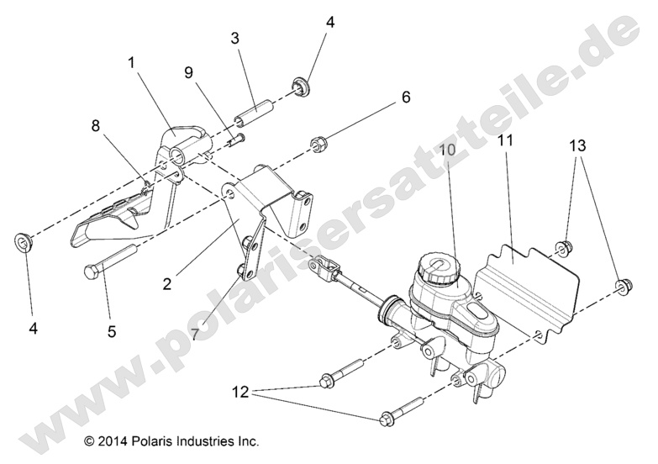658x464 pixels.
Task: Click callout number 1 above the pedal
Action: click(132, 62)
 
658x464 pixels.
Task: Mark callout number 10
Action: click(446, 149)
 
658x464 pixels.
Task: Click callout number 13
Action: click(577, 145)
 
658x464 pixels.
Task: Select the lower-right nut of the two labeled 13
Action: click(624, 287)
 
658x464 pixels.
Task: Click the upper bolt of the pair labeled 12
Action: click(340, 376)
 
